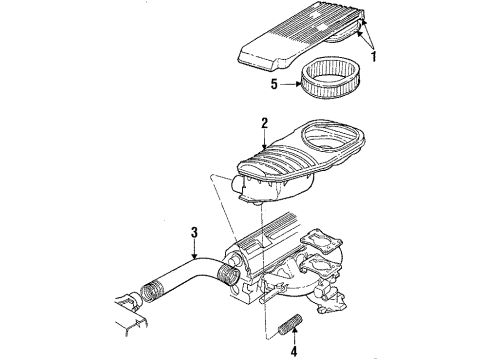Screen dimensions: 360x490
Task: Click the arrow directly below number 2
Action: point(265,143)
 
